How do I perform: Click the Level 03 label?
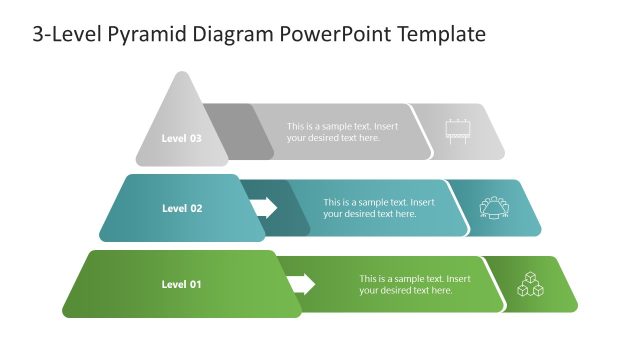point(181,138)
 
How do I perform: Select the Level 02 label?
point(182,208)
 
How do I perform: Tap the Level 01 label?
point(181,284)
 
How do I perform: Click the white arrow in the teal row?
point(264,207)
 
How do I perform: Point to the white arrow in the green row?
point(301,284)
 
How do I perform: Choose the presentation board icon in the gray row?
point(458,131)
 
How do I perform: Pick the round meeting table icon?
point(494,207)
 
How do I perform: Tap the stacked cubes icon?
point(530,284)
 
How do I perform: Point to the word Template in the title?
point(441,35)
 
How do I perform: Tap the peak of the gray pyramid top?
point(181,75)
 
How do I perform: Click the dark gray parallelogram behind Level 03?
point(238,131)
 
